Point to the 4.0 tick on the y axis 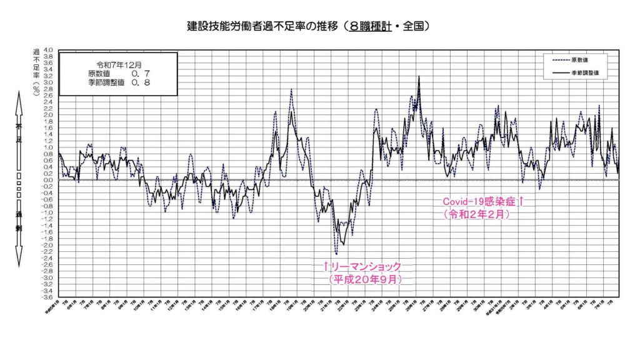[x=49, y=50]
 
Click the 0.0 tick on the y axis [x=49, y=180]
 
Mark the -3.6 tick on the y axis [x=47, y=297]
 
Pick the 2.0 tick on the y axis [x=49, y=115]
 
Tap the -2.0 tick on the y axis [x=47, y=245]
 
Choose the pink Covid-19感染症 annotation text [x=482, y=201]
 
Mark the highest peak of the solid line [x=419, y=76]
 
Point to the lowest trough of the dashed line [x=336, y=254]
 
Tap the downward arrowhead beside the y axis [x=19, y=259]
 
